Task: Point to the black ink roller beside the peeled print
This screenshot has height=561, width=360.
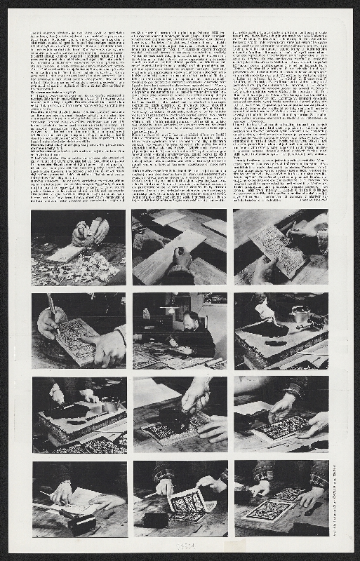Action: coord(155,520)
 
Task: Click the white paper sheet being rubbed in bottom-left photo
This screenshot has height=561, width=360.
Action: coord(81,499)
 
